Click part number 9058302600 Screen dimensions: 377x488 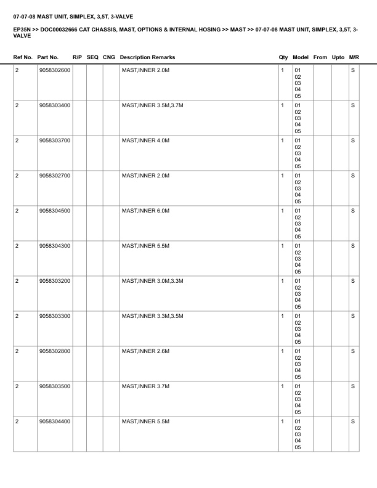pyautogui.click(x=54, y=70)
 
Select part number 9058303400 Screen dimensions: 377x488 pyautogui.click(x=54, y=105)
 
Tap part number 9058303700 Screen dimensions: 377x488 pyautogui.click(x=54, y=140)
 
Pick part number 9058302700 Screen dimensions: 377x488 pyautogui.click(x=54, y=176)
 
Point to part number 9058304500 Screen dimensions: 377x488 pyautogui.click(x=54, y=211)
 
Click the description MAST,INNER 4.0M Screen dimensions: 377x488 pyautogui.click(x=145, y=140)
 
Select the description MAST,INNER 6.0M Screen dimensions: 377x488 pyautogui.click(x=145, y=211)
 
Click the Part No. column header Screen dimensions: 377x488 pyautogui.click(x=48, y=57)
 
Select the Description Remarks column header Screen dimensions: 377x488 pyautogui.click(x=147, y=57)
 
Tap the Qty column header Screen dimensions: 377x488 pyautogui.click(x=283, y=57)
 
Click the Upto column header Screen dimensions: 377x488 pyautogui.click(x=338, y=57)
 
